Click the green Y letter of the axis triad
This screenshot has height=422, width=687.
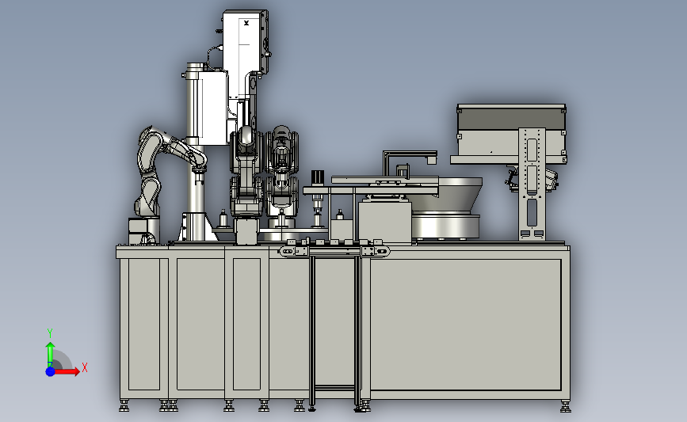point(50,333)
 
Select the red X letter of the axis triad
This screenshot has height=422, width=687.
point(85,367)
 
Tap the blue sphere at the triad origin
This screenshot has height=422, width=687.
point(51,371)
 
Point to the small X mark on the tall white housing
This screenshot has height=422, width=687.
point(246,23)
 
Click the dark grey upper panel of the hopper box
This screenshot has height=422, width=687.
point(511,118)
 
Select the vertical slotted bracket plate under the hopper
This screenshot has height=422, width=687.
point(532,184)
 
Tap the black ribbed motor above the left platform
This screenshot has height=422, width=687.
point(318,177)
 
